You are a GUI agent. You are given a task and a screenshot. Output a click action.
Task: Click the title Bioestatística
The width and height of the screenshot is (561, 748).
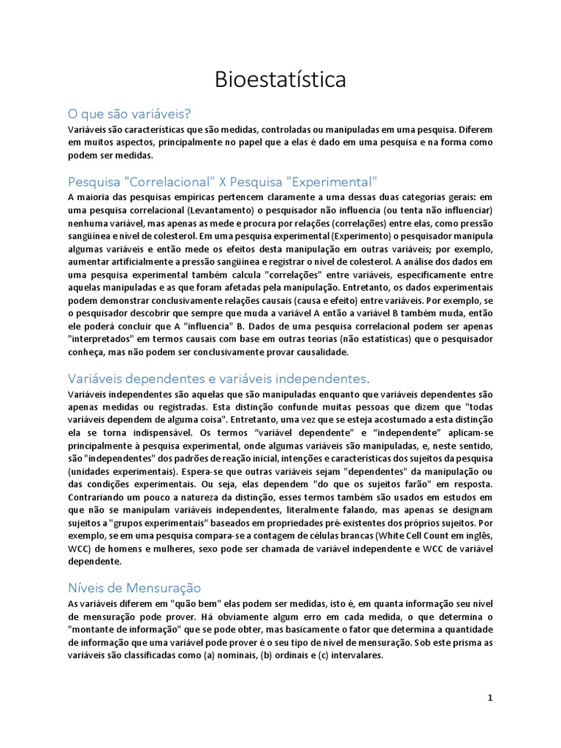[280, 80]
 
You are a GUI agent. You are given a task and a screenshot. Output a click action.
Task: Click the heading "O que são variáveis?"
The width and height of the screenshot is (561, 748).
[129, 114]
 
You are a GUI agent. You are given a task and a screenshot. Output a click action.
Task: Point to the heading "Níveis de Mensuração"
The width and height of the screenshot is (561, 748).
[134, 587]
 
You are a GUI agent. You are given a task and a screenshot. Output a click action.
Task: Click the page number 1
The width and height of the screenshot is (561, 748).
[490, 698]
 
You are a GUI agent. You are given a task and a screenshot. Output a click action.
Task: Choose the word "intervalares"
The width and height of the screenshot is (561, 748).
[354, 656]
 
